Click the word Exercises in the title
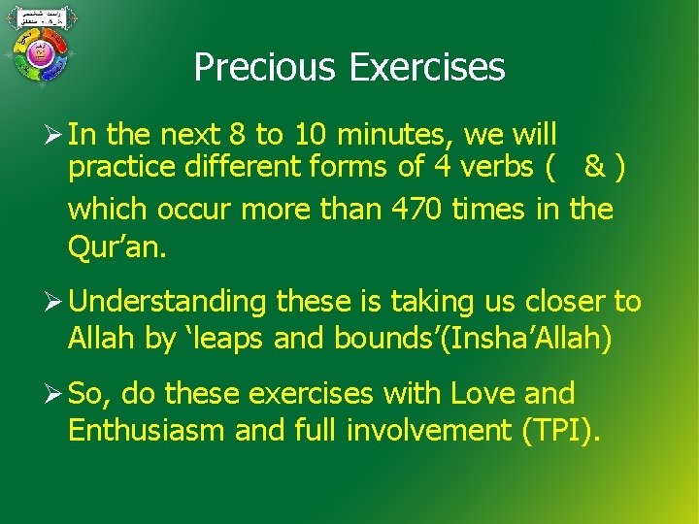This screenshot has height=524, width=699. [427, 67]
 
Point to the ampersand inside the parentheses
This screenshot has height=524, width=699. [592, 167]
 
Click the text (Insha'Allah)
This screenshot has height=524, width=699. [530, 339]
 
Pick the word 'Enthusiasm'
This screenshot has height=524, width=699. [148, 430]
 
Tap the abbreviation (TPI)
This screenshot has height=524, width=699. [561, 430]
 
